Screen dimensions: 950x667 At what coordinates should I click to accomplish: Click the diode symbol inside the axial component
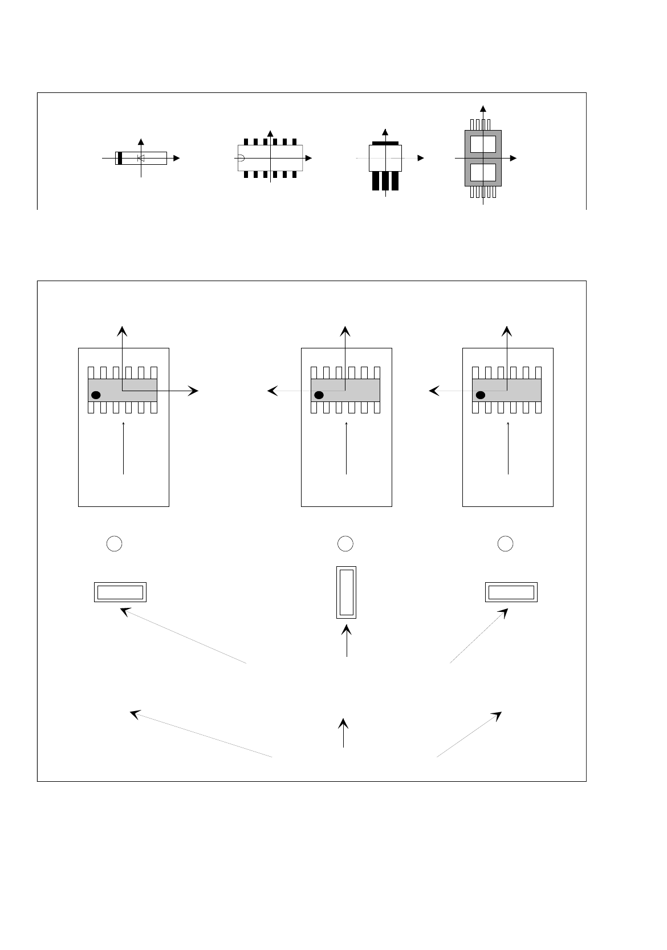click(x=141, y=158)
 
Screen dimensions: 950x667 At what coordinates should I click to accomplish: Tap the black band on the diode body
click(x=120, y=158)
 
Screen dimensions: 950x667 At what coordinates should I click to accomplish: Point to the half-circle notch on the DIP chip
click(x=241, y=158)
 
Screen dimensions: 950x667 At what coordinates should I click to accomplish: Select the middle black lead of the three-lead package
click(x=385, y=181)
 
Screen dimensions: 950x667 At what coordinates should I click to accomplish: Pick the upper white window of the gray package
click(x=483, y=144)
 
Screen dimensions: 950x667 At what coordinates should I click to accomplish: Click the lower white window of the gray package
click(x=483, y=172)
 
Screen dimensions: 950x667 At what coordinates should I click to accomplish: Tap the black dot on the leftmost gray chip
click(x=96, y=395)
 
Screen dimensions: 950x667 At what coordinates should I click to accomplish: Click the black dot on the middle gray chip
click(x=319, y=395)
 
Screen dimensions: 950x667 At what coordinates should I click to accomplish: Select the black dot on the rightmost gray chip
click(x=481, y=395)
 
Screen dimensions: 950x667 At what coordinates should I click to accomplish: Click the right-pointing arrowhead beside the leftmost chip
click(x=194, y=391)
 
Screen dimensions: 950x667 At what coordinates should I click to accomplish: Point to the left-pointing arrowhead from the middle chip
click(x=273, y=391)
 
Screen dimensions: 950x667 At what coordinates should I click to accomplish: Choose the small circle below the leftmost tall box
click(x=115, y=543)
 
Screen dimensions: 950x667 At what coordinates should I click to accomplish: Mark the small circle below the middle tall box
click(x=345, y=543)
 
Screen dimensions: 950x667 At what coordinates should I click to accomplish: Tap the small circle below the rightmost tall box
click(x=505, y=543)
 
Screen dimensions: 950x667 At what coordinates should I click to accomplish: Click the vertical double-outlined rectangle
click(x=346, y=592)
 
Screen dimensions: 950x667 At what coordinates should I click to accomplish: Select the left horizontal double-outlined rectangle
click(x=120, y=592)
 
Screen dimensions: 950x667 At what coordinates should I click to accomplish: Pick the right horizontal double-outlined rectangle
click(x=511, y=592)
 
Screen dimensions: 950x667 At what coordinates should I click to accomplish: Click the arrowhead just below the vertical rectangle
click(x=346, y=631)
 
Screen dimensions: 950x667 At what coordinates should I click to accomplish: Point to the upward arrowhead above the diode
click(x=141, y=141)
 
